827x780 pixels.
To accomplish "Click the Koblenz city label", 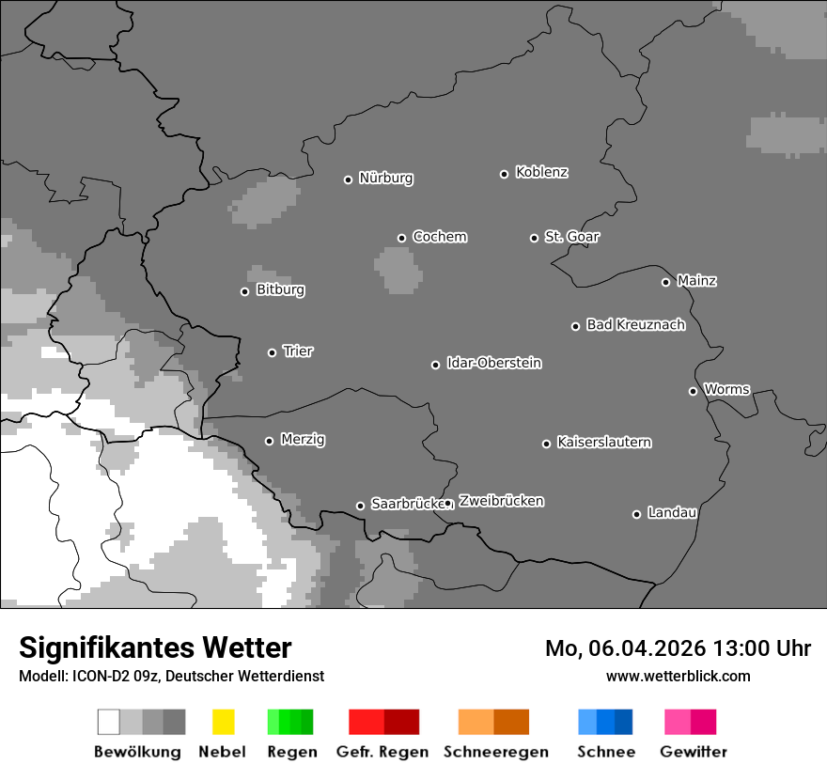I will coord(541,172).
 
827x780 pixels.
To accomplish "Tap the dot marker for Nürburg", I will coord(348,179).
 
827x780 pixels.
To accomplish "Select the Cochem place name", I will coord(439,237).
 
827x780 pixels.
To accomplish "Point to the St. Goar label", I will coord(571,237).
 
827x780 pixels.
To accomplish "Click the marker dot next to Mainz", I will coord(665,282).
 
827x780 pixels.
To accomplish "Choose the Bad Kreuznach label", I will coord(635,325).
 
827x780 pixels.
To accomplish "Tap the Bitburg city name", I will coord(280,290).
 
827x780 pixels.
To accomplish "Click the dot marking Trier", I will coord(272,352).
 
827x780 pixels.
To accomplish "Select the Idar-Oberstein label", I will coord(493,364).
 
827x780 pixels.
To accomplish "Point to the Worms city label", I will coord(726,389).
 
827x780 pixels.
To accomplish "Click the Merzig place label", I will coord(303,440).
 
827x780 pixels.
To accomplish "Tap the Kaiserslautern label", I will coord(603,443).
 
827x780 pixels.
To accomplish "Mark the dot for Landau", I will coord(636,514).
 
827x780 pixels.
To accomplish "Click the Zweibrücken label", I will coord(501,501).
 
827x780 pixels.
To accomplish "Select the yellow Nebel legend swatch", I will coord(223,722).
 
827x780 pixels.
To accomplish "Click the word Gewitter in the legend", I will coord(693,752).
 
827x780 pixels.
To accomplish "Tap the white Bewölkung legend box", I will coord(109,722).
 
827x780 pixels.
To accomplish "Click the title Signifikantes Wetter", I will coord(155,648).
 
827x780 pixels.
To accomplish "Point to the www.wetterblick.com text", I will coord(678,676).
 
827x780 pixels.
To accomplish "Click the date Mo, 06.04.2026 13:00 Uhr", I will coord(678,648).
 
